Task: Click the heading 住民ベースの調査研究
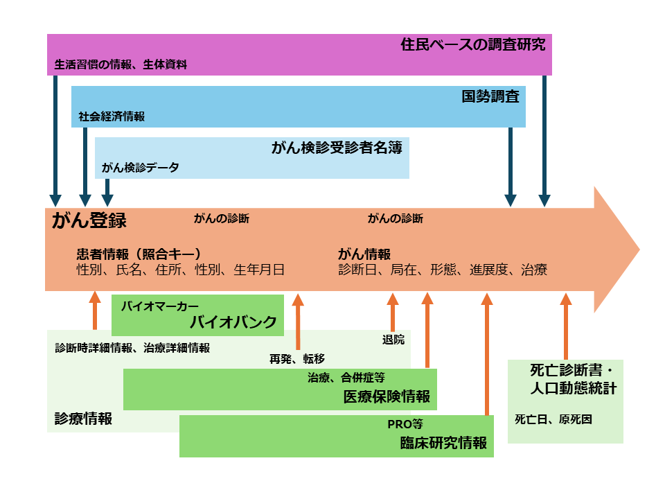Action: point(473,46)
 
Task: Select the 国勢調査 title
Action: point(490,97)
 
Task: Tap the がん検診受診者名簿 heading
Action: point(337,148)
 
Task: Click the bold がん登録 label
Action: point(89,221)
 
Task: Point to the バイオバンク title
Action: point(233,322)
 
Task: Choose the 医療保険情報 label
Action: point(387,396)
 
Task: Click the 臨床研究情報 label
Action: point(444,443)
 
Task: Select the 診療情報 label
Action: point(84,419)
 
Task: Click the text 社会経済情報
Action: point(112,117)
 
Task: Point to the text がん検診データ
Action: point(140,168)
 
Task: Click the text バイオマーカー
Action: point(160,306)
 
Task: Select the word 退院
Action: point(393,340)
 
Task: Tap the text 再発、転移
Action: point(297,358)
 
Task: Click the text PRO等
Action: point(405,424)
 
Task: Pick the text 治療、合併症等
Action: point(346,378)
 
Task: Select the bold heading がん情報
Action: point(364,254)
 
